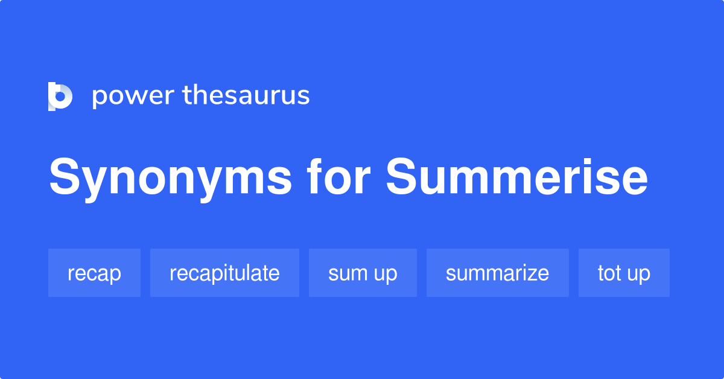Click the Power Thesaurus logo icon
(x=60, y=96)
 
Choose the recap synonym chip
(x=94, y=273)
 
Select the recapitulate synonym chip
(x=224, y=273)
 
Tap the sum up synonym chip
(x=363, y=273)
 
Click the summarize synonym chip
(x=497, y=273)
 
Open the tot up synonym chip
(x=624, y=273)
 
